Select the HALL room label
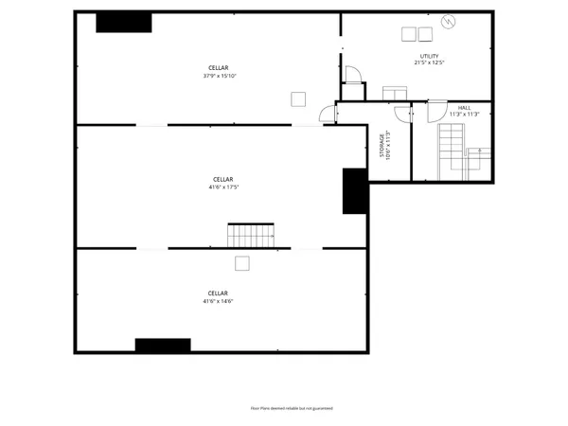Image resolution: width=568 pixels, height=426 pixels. (464, 108)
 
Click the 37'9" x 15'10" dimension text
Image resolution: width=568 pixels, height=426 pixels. (219, 76)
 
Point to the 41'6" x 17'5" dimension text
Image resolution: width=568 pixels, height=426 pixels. (222, 186)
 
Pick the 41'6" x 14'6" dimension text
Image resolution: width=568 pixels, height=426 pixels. (218, 301)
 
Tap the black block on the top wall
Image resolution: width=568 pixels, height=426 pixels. (124, 22)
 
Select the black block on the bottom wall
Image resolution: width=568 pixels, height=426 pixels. (163, 345)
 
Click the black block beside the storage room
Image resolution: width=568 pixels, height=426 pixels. (354, 191)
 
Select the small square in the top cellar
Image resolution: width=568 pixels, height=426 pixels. (298, 98)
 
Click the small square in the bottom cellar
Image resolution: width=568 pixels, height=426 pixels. (242, 263)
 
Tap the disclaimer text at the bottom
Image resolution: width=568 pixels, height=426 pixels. (291, 408)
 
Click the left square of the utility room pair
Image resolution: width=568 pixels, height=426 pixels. (408, 34)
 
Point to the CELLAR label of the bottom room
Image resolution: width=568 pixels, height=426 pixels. (218, 293)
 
